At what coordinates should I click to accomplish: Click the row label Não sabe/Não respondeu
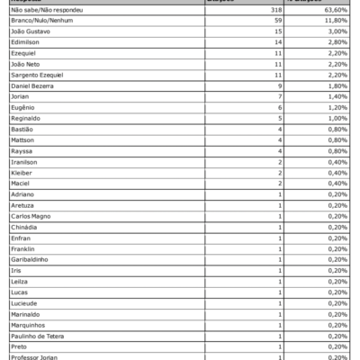click(43, 8)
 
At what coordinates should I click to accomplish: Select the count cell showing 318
click(251, 8)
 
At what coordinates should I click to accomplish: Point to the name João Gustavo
click(31, 30)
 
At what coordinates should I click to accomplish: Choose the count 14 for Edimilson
click(253, 40)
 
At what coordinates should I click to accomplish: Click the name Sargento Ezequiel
click(37, 74)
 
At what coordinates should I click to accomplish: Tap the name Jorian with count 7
click(21, 95)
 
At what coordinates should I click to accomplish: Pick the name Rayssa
click(22, 150)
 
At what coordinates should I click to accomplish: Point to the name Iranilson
click(25, 161)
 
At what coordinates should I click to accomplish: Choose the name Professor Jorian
click(34, 357)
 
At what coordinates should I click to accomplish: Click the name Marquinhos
click(27, 325)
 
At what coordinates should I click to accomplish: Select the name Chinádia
click(24, 227)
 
